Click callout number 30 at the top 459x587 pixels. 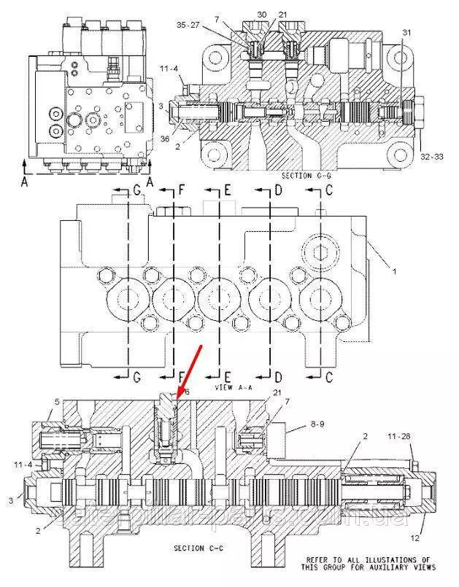[262, 15]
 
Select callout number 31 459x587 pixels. [406, 31]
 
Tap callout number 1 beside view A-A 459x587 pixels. [395, 272]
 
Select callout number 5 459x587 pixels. [57, 402]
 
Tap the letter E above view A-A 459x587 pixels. [227, 191]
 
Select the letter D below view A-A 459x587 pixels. [278, 377]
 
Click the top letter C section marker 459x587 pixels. [329, 191]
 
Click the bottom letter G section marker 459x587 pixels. [136, 377]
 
